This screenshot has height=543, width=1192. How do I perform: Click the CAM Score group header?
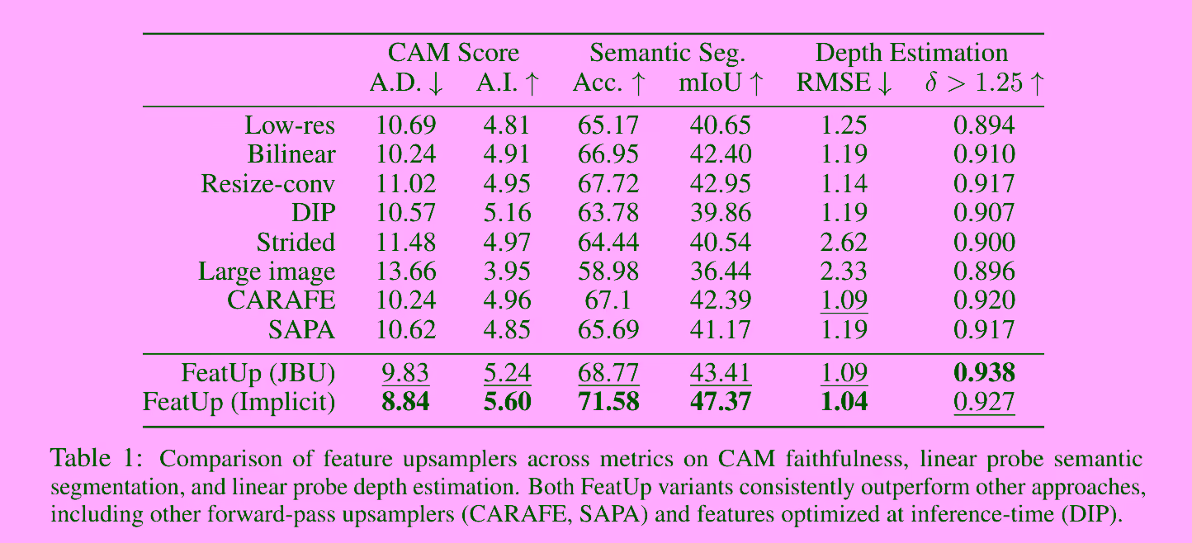pyautogui.click(x=453, y=54)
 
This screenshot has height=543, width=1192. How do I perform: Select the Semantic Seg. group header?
pyautogui.click(x=667, y=54)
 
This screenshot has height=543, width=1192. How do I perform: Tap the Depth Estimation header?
pyautogui.click(x=911, y=54)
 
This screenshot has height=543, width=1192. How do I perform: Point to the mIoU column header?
pyautogui.click(x=721, y=83)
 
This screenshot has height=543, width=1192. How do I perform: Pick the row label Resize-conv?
pyautogui.click(x=268, y=183)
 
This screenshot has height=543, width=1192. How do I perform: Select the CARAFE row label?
pyautogui.click(x=281, y=300)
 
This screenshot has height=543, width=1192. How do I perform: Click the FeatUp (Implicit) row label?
pyautogui.click(x=239, y=403)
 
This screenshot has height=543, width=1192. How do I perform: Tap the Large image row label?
pyautogui.click(x=267, y=271)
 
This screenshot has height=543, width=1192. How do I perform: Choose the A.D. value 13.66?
pyautogui.click(x=406, y=271)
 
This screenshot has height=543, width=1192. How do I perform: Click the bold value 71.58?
pyautogui.click(x=608, y=403)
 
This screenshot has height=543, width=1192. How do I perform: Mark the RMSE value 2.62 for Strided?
pyautogui.click(x=844, y=243)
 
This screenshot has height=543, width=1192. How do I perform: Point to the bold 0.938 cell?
pyautogui.click(x=984, y=374)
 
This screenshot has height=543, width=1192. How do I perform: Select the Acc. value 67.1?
pyautogui.click(x=608, y=300)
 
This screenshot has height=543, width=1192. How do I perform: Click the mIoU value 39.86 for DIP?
pyautogui.click(x=721, y=213)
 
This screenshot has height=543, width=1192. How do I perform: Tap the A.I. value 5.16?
pyautogui.click(x=507, y=213)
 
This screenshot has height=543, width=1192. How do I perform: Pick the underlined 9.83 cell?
pyautogui.click(x=406, y=374)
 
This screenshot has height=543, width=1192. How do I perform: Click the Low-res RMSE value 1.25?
pyautogui.click(x=844, y=125)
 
